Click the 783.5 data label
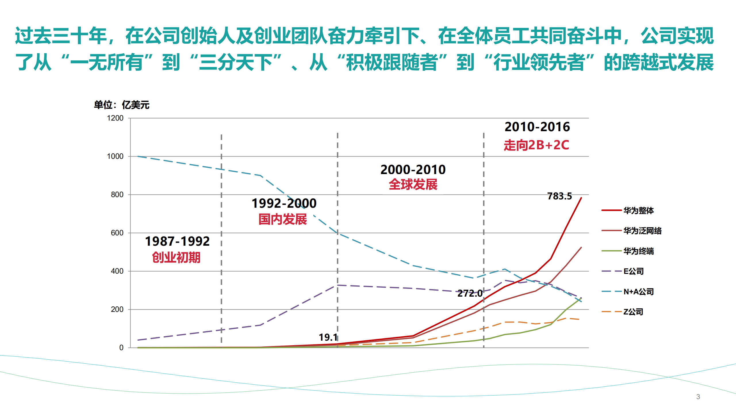coord(559,196)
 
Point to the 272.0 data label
coord(470,293)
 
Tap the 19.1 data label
coord(328,337)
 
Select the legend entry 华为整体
coord(638,211)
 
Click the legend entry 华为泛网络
coord(642,231)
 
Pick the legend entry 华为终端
coord(638,251)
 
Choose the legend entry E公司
coord(633,271)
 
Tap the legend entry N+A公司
coord(638,292)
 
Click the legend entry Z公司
coord(633,312)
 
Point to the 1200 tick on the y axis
coord(115,118)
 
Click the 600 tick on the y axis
coord(117,233)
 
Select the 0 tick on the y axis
coord(121,348)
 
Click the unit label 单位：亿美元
coord(121,105)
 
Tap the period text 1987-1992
coord(177,241)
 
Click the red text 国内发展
coord(283,220)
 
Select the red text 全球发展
coord(413,184)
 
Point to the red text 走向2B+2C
coord(536,145)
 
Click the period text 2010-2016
coord(537,127)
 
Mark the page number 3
coord(698,397)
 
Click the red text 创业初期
coord(176,257)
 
